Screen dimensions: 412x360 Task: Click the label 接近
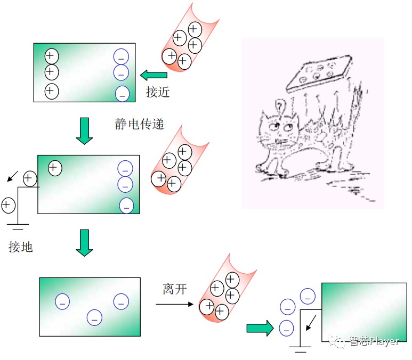158,92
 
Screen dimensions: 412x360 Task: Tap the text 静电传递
139,124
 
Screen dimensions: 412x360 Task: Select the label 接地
20,247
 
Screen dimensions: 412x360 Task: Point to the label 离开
175,289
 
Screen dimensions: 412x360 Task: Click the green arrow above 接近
154,75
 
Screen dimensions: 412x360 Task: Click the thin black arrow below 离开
174,304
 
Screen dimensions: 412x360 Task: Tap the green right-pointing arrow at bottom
260,328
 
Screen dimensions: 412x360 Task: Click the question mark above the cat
280,107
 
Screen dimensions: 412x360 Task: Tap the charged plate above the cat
319,73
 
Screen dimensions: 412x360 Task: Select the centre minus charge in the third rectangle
94,317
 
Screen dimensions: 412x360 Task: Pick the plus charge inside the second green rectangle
55,168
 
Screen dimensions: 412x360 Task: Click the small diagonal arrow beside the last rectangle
311,323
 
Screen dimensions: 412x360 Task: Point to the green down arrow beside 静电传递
84,131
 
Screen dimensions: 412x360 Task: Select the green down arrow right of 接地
84,243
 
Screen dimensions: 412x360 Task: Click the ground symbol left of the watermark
300,349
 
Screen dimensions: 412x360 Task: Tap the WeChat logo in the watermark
337,341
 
